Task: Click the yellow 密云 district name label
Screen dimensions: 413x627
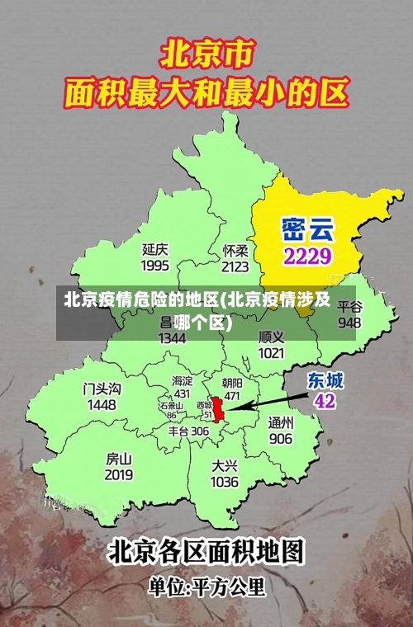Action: coord(307,226)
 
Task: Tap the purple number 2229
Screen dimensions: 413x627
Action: coord(307,255)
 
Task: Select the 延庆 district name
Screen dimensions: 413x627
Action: coord(155,248)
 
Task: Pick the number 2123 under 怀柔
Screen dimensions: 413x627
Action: coord(235,266)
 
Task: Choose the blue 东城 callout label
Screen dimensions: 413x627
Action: coord(325,380)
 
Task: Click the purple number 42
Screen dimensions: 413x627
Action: coord(325,401)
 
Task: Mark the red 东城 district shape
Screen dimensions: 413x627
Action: coord(219,409)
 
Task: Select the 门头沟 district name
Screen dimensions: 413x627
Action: coord(102,388)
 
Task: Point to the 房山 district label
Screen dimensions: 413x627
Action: coord(119,458)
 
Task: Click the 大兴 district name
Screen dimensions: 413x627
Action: coord(225,465)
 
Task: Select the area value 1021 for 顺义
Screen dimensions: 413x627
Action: coord(271,353)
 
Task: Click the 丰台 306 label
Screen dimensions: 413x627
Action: coord(189,431)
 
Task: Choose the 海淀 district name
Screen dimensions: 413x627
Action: coord(182,381)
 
